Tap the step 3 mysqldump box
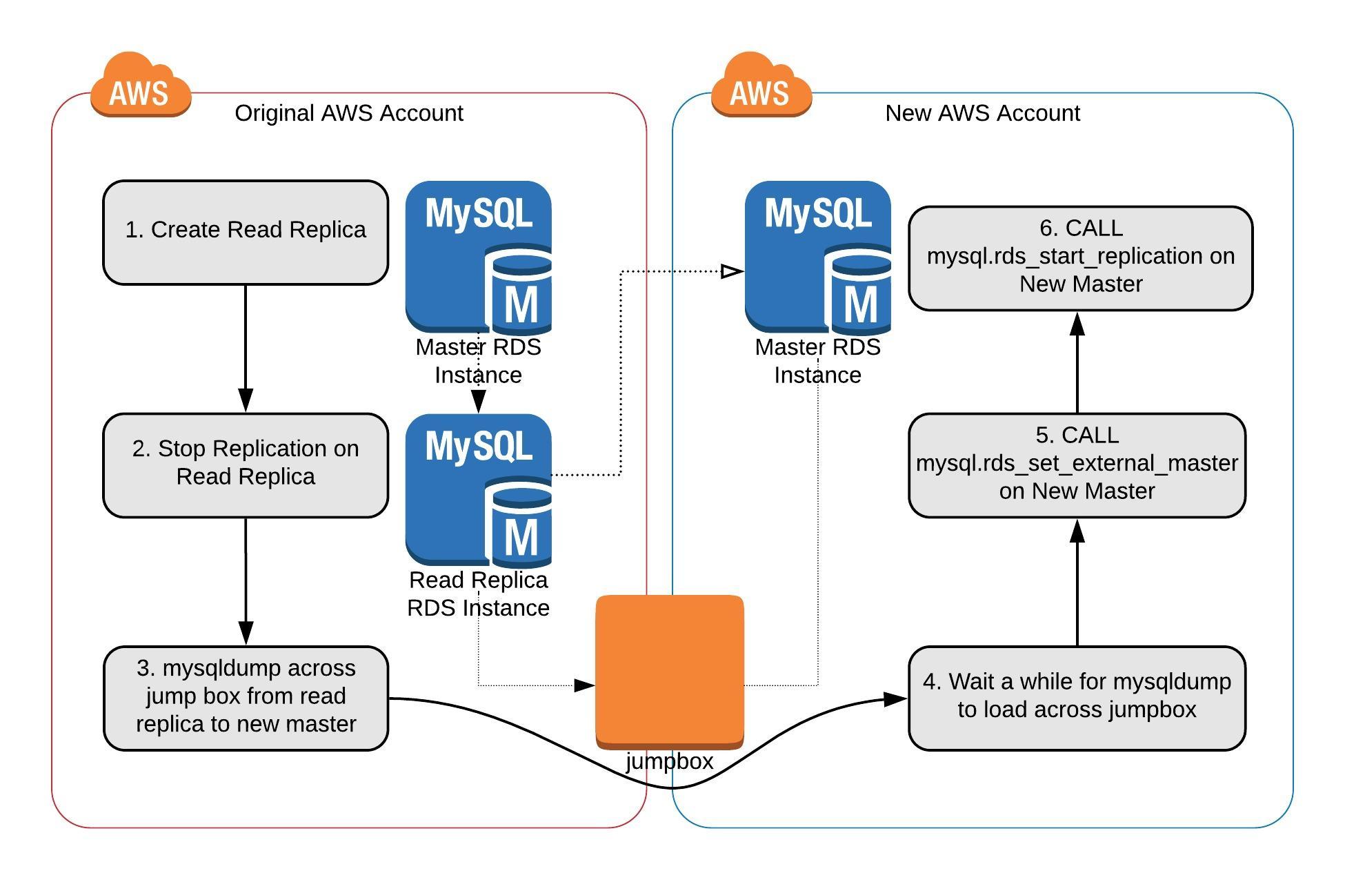(246, 698)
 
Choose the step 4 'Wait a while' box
(1077, 698)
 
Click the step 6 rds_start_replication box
(1080, 257)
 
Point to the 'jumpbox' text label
(669, 761)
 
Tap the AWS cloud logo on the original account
(140, 88)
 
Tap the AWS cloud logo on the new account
(761, 88)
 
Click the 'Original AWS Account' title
(349, 113)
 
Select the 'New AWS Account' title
(982, 113)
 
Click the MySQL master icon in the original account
(478, 257)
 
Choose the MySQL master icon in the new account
(817, 257)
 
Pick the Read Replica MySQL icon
(478, 489)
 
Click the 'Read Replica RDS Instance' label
(478, 594)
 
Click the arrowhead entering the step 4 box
(895, 699)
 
